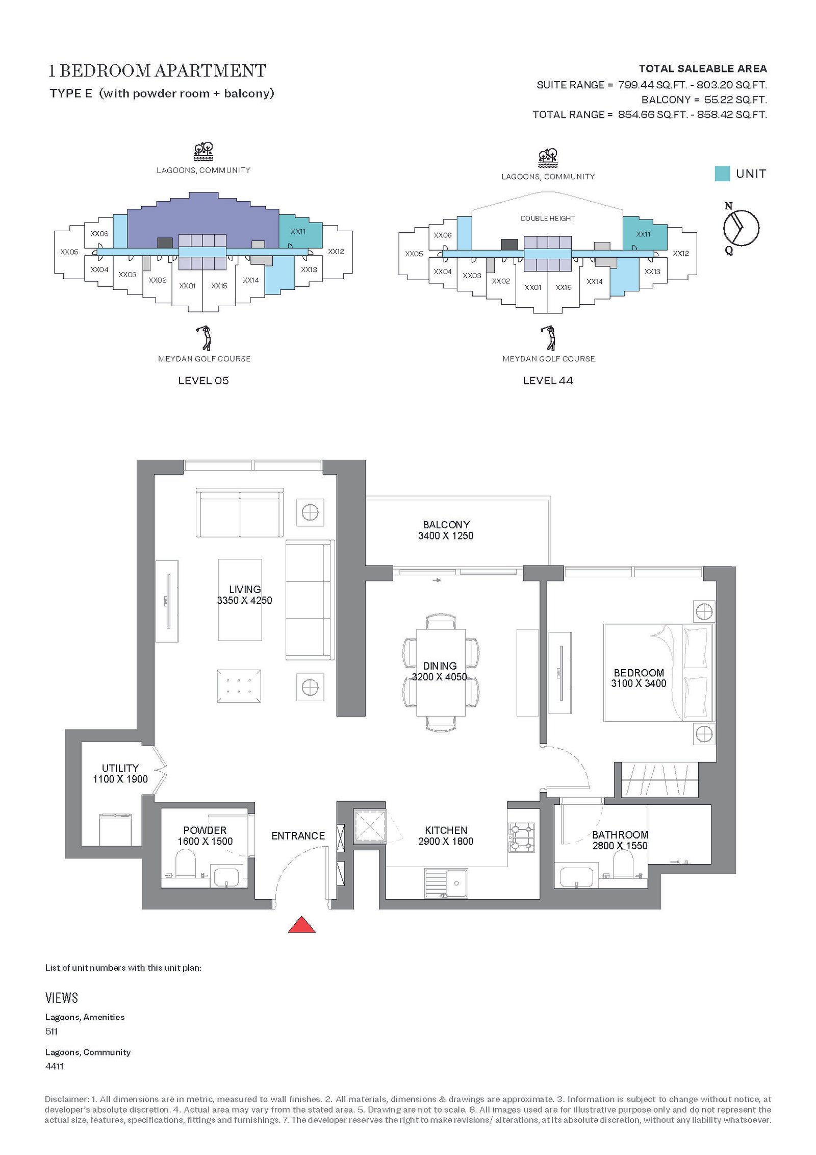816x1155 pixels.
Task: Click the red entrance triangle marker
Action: click(301, 924)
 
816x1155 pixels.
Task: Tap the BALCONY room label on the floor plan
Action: click(446, 524)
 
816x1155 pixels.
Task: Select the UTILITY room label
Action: click(120, 768)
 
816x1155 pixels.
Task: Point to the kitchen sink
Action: click(446, 883)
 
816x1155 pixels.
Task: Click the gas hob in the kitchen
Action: click(521, 838)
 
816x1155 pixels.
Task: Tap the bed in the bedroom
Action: click(659, 672)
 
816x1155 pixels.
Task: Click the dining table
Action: click(441, 673)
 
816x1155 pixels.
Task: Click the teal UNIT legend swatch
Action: click(722, 174)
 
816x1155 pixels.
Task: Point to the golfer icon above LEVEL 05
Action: click(204, 337)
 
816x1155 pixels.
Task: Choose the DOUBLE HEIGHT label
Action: click(548, 218)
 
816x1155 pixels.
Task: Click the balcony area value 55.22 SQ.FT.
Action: click(735, 100)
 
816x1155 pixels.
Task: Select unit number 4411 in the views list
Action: click(55, 1066)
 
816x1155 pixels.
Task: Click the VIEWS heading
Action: click(62, 998)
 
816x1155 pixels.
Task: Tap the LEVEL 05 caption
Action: click(203, 380)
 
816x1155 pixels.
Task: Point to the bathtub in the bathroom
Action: click(576, 876)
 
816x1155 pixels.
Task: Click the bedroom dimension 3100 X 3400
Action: click(639, 683)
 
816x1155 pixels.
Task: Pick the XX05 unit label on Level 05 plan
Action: click(69, 252)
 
